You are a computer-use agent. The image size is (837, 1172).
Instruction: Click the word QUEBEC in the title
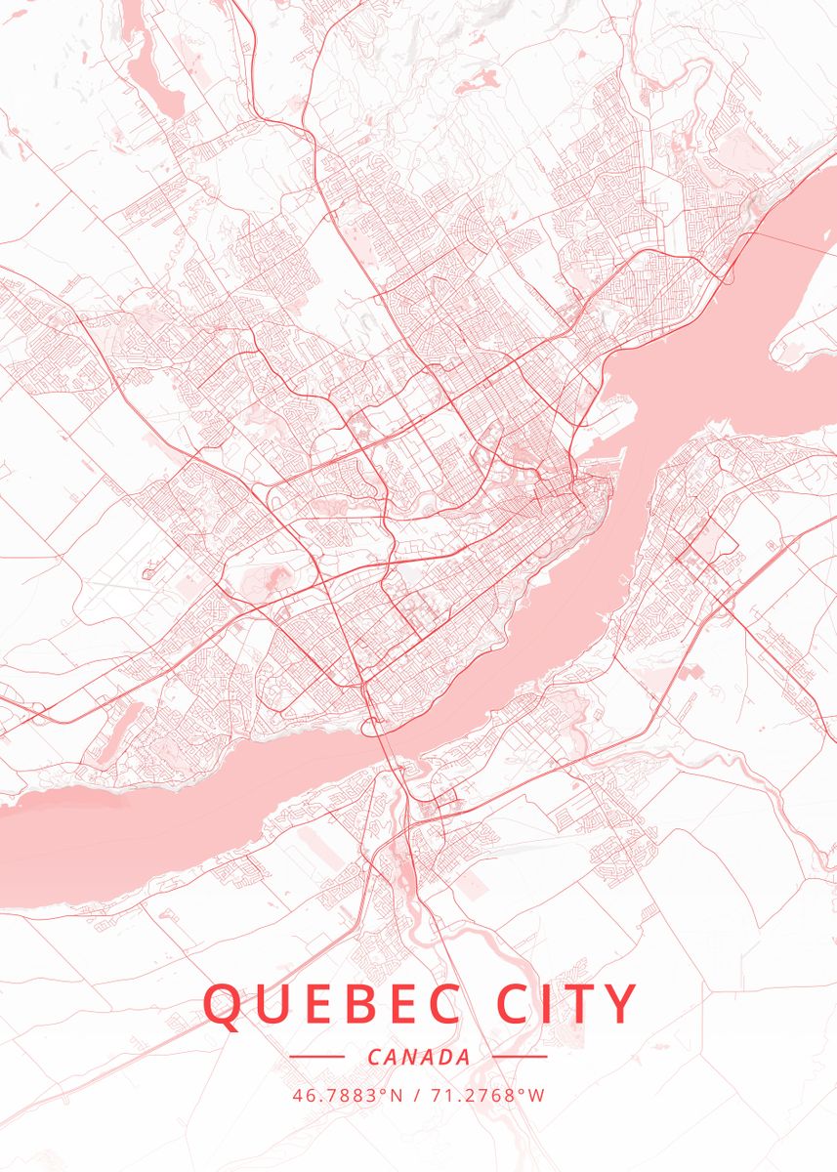point(332,1004)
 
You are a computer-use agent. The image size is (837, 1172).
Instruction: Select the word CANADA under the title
point(419,1057)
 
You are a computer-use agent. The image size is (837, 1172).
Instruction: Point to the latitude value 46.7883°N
point(347,1095)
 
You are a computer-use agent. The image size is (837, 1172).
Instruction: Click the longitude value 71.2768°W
point(485,1095)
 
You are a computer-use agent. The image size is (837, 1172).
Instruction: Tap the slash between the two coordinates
point(417,1095)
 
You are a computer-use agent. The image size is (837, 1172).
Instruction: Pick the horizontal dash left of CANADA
point(317,1057)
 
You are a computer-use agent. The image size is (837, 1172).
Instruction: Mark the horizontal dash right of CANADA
point(520,1057)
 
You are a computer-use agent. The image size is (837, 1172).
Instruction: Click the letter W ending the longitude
point(536,1095)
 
